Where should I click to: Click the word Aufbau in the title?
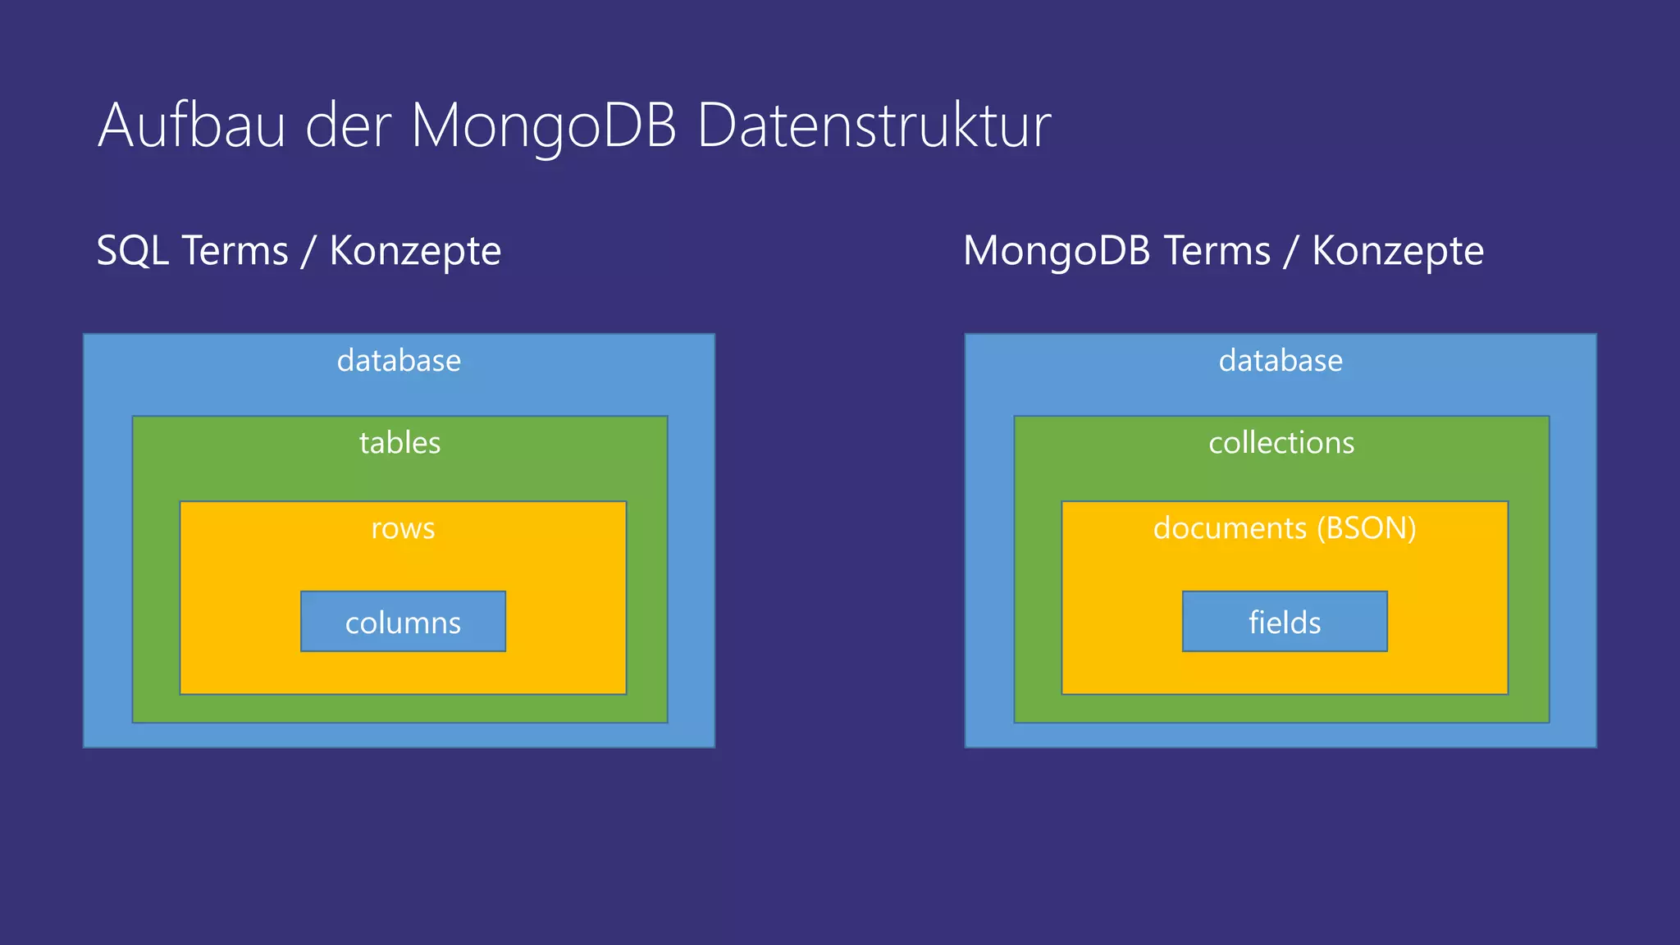pos(192,126)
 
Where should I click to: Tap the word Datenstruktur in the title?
pos(874,126)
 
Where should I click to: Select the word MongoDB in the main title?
pos(543,126)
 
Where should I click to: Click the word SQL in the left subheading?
pos(134,250)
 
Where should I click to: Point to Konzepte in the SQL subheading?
pos(415,251)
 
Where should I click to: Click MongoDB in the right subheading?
pos(1057,251)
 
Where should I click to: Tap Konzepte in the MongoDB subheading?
pos(1398,251)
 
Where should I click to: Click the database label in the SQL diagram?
pos(399,361)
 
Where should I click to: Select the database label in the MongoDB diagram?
pos(1281,361)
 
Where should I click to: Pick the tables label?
pos(399,443)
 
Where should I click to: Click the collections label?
pos(1281,443)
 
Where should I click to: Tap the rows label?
pos(403,528)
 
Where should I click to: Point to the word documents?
pos(1230,528)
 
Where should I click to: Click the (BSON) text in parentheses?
pos(1367,528)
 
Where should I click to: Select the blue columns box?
pos(403,622)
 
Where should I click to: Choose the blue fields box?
pos(1285,622)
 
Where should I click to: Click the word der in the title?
pos(348,126)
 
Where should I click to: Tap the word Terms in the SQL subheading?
pos(235,250)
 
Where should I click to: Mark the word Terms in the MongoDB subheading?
pos(1217,251)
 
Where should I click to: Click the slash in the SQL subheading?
pos(308,251)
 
